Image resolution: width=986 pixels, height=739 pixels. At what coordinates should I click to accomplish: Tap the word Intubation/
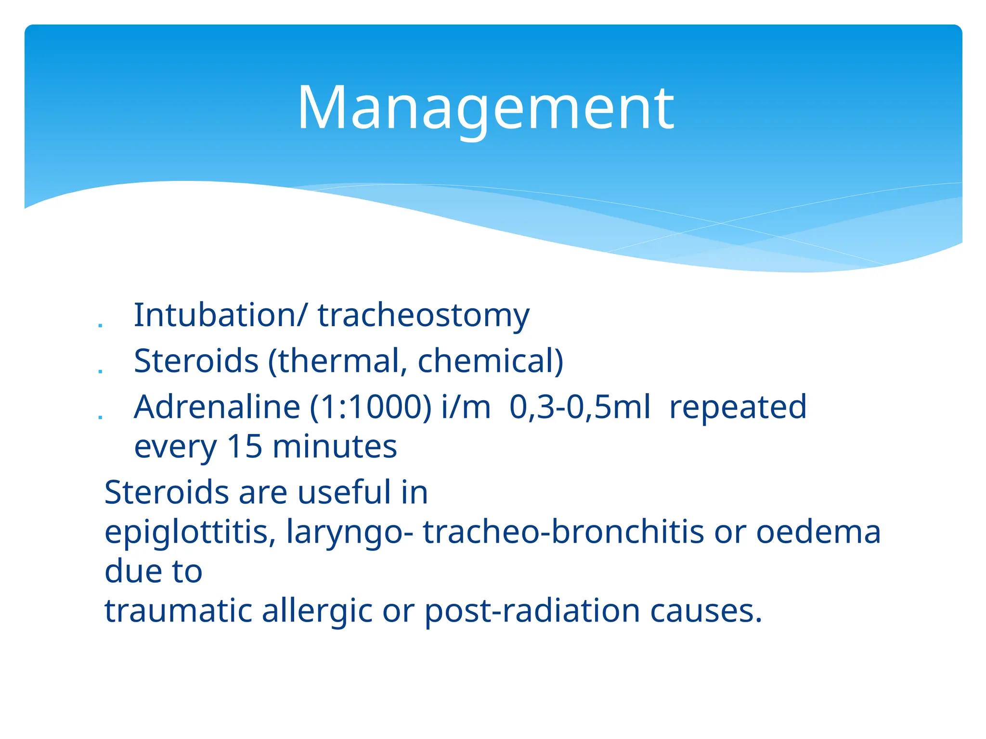(220, 316)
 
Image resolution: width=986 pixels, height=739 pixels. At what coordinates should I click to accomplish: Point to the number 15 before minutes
(245, 446)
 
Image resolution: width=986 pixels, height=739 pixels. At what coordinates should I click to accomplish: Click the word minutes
(335, 446)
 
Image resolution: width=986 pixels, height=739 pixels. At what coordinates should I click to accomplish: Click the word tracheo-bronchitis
(563, 532)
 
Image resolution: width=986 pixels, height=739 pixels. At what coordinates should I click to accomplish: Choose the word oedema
(818, 532)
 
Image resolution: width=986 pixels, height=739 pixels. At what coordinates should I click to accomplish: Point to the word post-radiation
(532, 611)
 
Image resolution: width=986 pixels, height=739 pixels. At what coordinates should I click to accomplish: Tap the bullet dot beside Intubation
(100, 326)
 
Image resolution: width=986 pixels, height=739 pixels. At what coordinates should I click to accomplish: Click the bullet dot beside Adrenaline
(100, 417)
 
